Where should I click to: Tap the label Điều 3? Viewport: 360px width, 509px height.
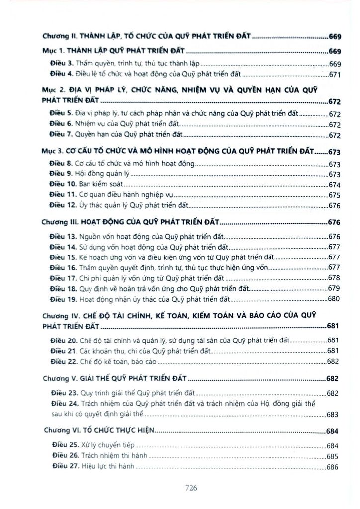62,64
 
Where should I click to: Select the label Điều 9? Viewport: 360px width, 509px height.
62,174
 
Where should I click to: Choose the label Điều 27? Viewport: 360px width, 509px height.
64,467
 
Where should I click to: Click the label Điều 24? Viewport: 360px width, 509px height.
64,403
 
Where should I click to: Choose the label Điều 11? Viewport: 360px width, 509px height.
64,195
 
